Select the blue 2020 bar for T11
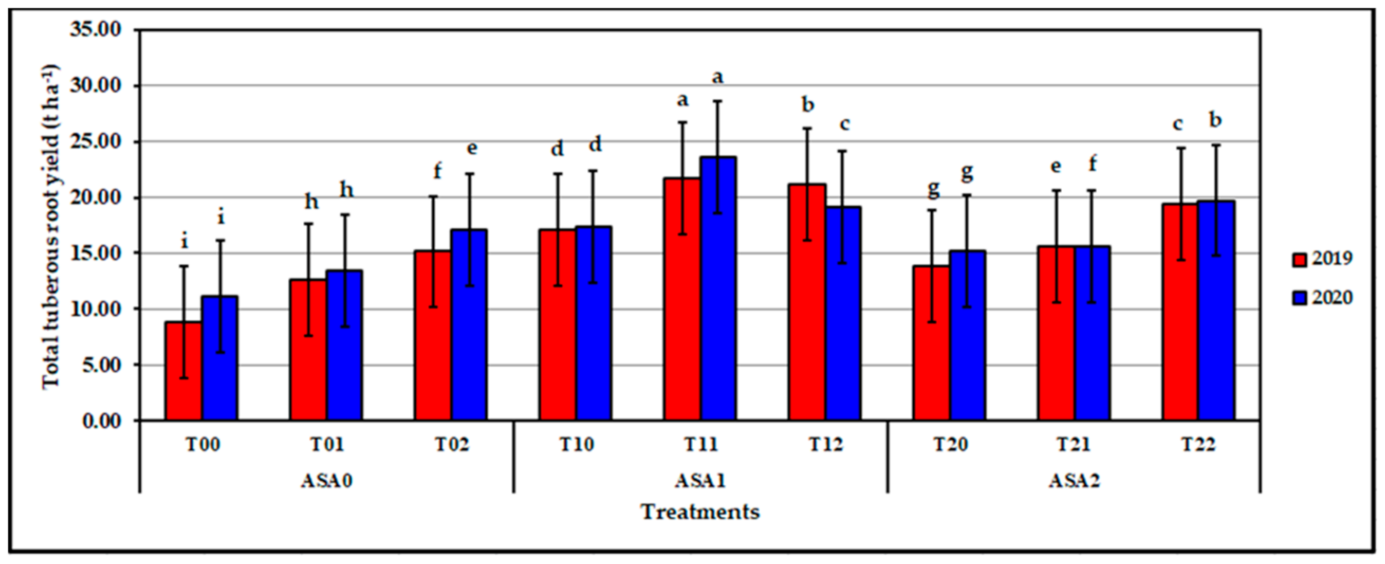[718, 288]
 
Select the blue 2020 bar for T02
[469, 325]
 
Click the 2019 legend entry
[1322, 259]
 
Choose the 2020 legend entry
[1322, 298]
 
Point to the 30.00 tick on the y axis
[95, 86]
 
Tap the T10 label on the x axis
[576, 445]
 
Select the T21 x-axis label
[1073, 445]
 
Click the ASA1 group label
[700, 481]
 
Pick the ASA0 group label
[327, 481]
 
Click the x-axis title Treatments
[700, 512]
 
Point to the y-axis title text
[51, 226]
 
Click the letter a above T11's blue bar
[718, 77]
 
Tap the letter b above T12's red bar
[808, 104]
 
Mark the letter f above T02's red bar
[437, 170]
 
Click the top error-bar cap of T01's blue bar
[344, 214]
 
